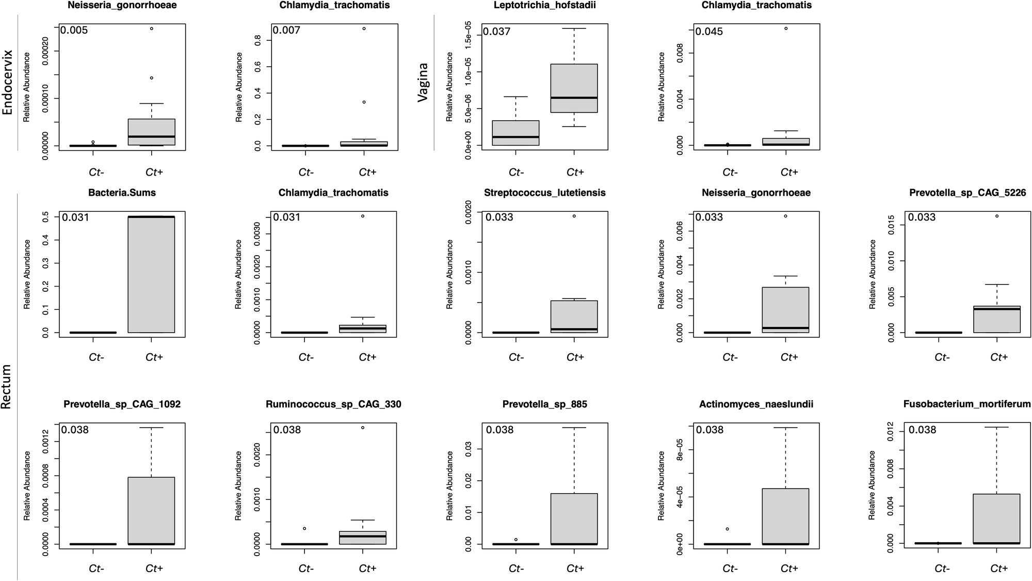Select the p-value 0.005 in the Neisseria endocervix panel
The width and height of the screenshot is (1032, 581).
[x=74, y=30]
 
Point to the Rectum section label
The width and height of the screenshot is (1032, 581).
[x=6, y=387]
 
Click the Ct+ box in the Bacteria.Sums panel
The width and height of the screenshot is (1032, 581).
[x=151, y=274]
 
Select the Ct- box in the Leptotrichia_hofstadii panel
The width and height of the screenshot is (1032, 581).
[x=516, y=133]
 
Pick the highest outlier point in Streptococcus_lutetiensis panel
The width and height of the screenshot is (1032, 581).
[x=574, y=216]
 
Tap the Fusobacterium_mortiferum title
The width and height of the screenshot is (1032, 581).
[x=967, y=404]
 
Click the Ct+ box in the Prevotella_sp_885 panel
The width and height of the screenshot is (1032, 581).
[x=574, y=519]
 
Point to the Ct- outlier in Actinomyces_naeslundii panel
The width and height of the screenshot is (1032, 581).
[x=727, y=529]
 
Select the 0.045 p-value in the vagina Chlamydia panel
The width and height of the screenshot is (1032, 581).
[x=709, y=32]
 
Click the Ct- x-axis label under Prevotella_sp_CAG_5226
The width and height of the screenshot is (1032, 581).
[x=942, y=357]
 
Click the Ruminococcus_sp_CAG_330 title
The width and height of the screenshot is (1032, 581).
[x=333, y=404]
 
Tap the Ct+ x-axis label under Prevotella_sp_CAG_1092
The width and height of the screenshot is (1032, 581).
[x=154, y=569]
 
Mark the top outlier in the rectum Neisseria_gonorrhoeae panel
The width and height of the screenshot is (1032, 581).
[x=785, y=216]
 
